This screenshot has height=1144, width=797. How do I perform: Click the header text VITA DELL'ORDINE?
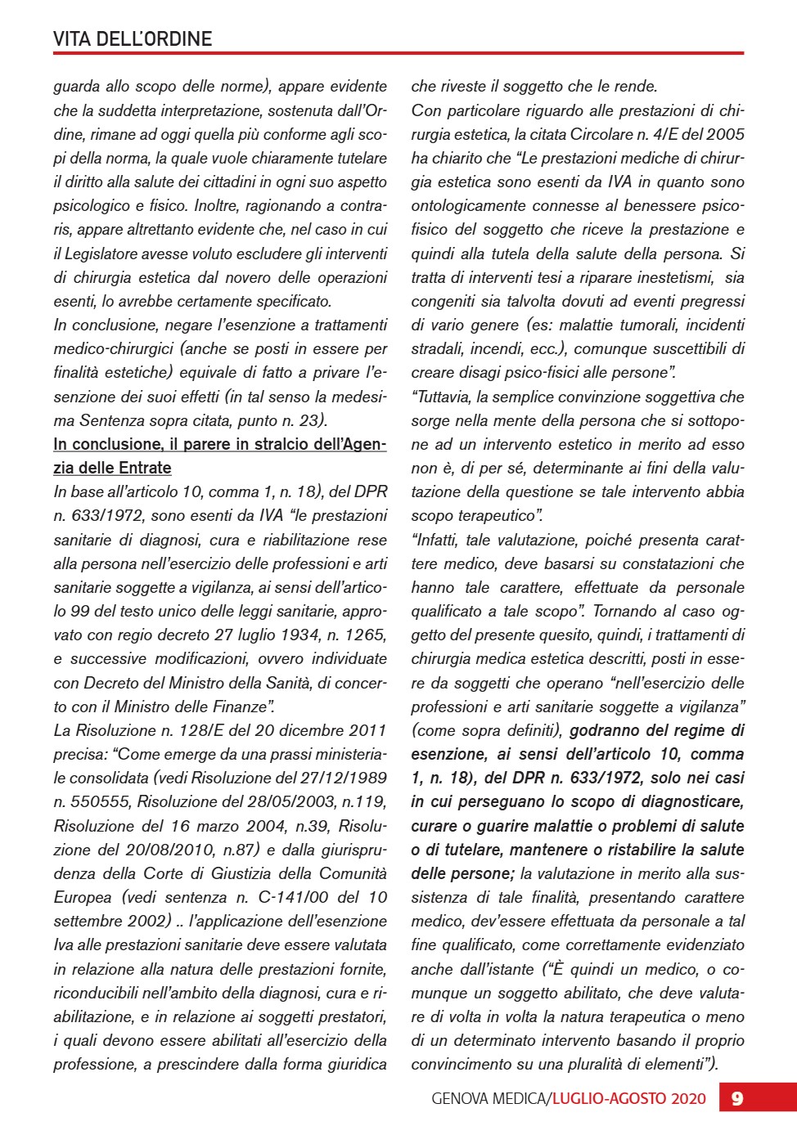[133, 38]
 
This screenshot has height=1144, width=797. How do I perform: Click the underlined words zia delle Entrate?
[112, 468]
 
